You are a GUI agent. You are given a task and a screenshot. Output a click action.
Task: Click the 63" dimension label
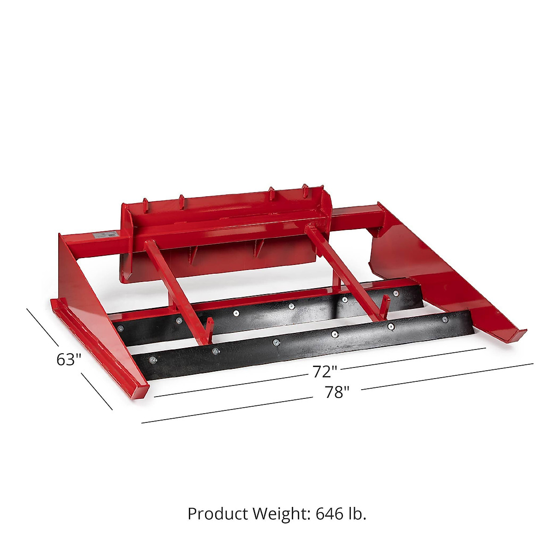[x=69, y=360]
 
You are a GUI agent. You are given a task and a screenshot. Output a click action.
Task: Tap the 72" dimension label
[x=325, y=372]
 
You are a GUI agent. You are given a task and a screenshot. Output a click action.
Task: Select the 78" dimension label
[x=337, y=392]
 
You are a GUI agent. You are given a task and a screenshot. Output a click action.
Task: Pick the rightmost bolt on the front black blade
[x=445, y=319]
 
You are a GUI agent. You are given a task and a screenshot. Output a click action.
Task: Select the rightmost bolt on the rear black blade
[x=396, y=293]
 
